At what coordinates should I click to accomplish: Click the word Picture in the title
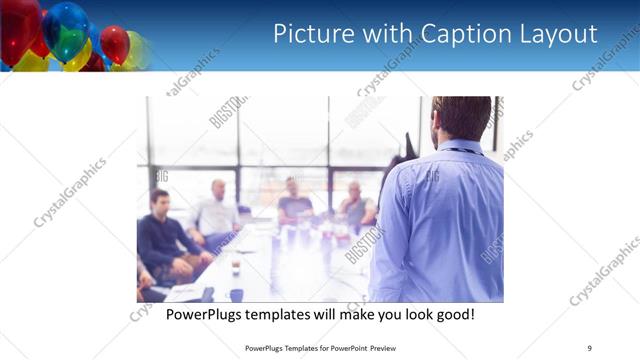313,34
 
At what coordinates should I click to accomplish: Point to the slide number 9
589,347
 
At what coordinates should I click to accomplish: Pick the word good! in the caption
451,315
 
